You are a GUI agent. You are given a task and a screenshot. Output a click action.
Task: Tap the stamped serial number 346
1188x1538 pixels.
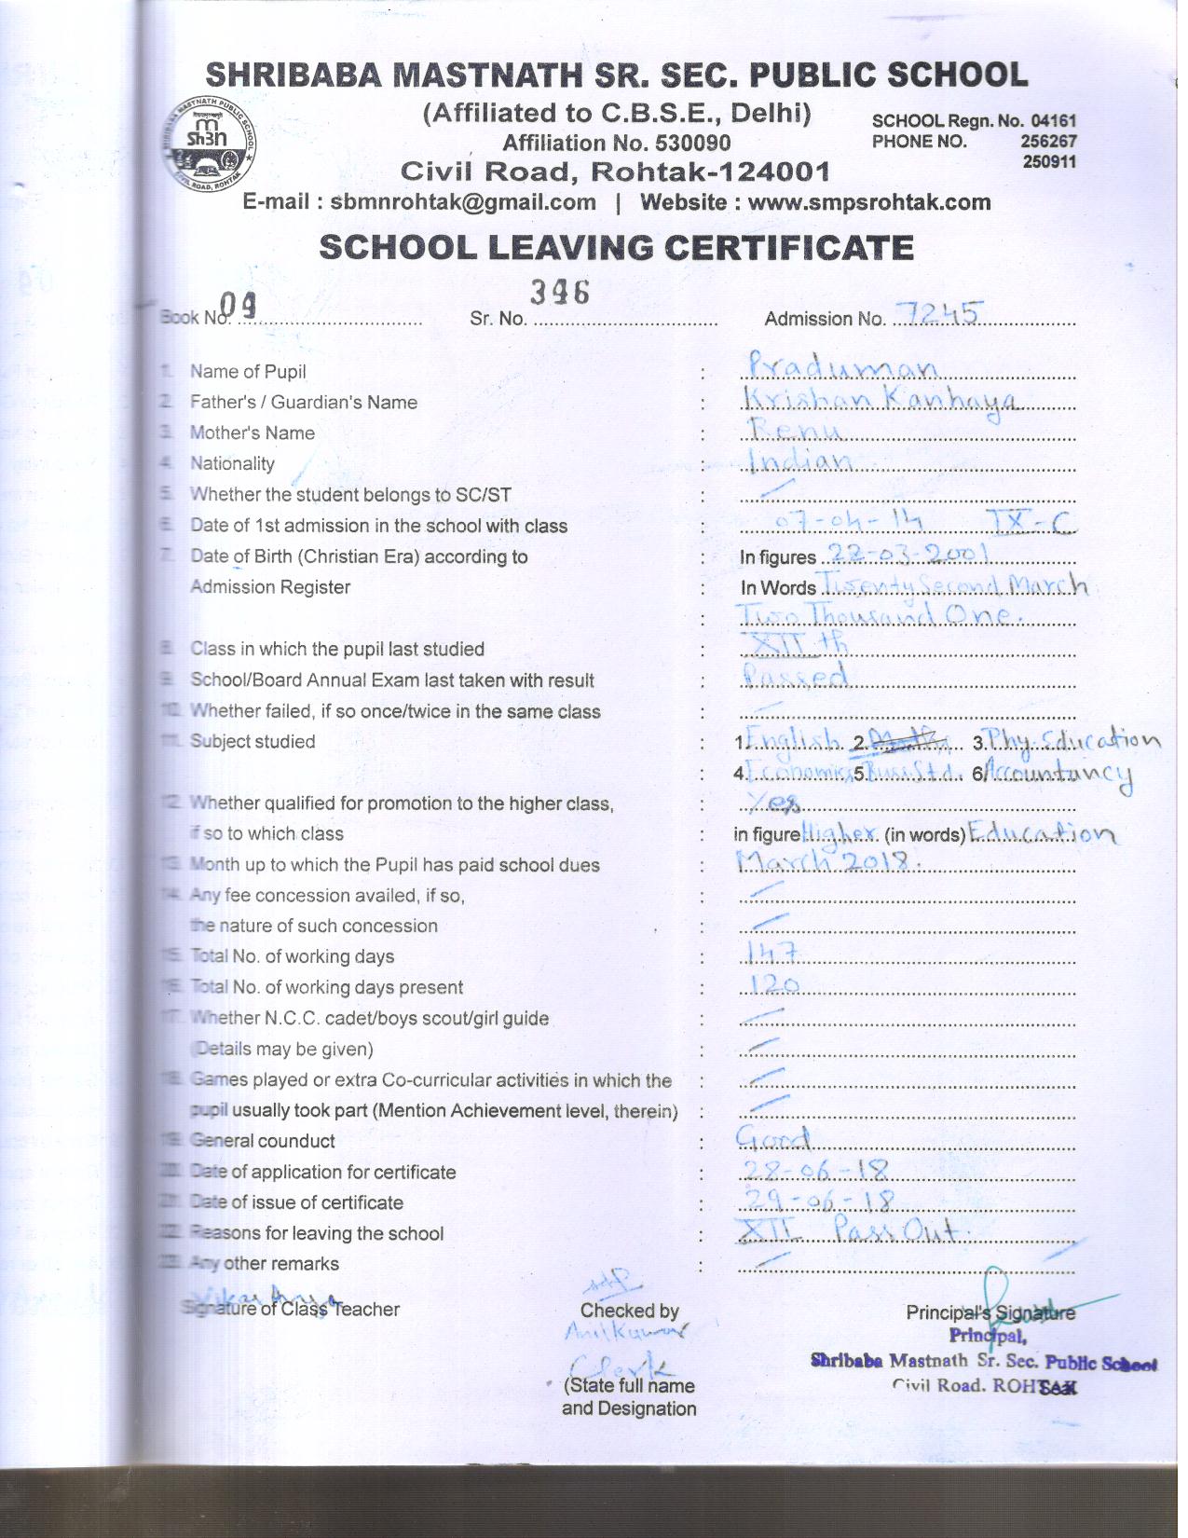coord(560,293)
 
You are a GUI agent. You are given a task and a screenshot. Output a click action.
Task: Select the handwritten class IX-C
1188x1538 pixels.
coord(1031,522)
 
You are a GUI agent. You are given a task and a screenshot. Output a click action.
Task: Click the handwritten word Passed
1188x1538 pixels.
coord(795,675)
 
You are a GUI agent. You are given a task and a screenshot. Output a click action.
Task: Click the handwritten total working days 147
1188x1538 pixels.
coord(773,952)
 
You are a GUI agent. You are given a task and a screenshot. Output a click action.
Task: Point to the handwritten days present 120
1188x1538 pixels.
coord(773,984)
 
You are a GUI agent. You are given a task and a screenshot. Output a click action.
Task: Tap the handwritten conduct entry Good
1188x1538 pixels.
coord(773,1138)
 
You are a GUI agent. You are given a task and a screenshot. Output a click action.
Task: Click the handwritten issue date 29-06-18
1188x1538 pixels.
coord(817,1200)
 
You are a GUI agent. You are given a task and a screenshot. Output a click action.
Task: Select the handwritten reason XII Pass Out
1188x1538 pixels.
coord(853,1231)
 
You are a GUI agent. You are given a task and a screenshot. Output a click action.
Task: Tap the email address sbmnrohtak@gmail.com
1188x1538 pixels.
coord(463,202)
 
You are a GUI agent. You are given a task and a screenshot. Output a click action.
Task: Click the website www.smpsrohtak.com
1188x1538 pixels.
coord(869,202)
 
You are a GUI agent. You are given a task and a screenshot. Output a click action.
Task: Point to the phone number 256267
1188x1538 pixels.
coord(1049,142)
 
